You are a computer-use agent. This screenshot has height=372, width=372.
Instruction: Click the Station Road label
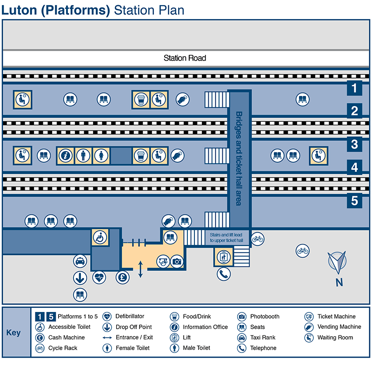pos(185,58)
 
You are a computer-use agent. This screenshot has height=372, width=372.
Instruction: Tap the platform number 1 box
pos(354,87)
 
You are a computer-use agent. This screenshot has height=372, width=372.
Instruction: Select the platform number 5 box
pos(354,201)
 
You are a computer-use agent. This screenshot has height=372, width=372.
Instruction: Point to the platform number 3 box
pos(354,144)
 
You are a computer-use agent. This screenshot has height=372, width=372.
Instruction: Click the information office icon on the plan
pos(66,156)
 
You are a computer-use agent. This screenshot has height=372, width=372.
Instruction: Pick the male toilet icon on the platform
pos(84,156)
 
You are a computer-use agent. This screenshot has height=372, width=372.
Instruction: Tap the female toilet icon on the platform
pos(101,156)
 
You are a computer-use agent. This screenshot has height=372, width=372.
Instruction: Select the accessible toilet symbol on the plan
pos(99,237)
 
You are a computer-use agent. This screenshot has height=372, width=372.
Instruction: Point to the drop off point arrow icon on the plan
pos(80,278)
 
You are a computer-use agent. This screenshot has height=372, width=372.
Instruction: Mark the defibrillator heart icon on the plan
pos(99,278)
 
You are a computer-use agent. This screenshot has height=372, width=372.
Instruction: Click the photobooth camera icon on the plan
pos(177,262)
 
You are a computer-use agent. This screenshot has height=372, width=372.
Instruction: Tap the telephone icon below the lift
pos(224,274)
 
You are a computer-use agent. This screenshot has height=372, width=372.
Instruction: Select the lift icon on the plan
pos(223,256)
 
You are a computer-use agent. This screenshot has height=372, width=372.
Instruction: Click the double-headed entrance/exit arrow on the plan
pos(141,269)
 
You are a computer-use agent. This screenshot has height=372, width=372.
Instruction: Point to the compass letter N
pos(339,282)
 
